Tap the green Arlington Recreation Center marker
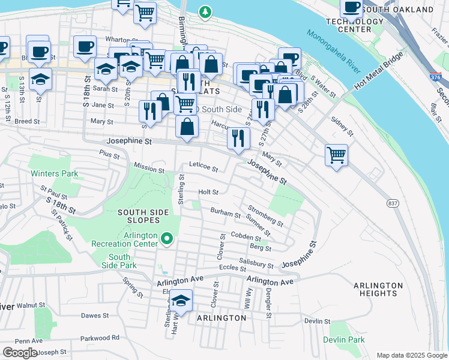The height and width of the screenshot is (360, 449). pos(167,240)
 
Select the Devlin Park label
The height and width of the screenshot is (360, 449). pos(347,340)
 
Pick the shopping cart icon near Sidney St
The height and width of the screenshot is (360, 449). pos(337,154)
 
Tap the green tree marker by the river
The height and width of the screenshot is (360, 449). pos(205,11)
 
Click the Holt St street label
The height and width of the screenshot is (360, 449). pos(208,192)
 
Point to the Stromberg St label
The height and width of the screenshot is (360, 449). pos(266,216)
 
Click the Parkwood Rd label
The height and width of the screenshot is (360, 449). pos(99,338)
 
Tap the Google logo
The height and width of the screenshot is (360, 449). pos(20,353)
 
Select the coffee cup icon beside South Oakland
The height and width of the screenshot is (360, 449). pos(351,7)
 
